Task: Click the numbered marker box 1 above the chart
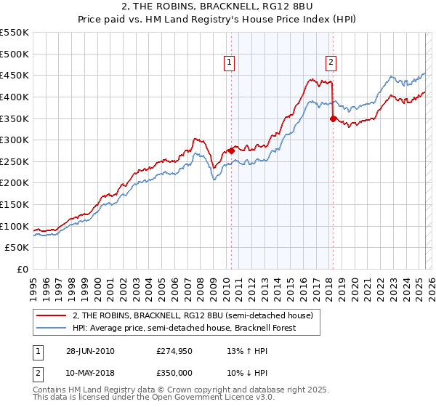(x=230, y=63)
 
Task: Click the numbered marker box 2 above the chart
(x=331, y=63)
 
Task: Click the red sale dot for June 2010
(x=231, y=150)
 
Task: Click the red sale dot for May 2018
(x=333, y=118)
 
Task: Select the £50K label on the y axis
(x=17, y=247)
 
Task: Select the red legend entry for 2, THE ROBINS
(x=193, y=315)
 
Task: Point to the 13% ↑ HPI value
(x=248, y=351)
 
